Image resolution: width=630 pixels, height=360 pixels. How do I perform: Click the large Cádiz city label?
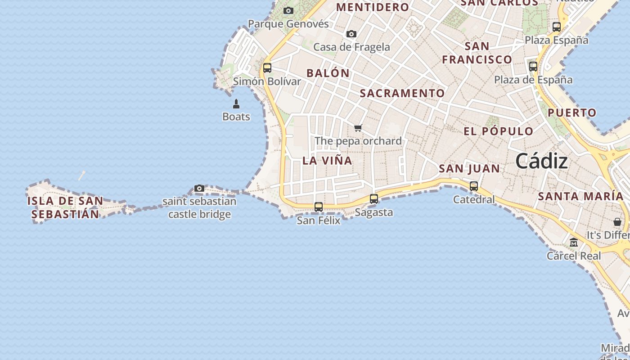tap(541, 161)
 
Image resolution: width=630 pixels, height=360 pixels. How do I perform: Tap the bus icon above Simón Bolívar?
tap(267, 68)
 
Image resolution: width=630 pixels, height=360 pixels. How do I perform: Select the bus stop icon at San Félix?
tap(319, 207)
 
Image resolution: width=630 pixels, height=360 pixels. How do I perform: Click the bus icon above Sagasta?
tap(374, 198)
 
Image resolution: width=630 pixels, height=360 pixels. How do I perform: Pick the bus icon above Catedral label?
tap(474, 186)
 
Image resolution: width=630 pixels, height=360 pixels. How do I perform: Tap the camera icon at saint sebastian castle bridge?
tap(199, 188)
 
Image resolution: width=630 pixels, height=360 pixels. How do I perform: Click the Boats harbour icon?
tap(236, 104)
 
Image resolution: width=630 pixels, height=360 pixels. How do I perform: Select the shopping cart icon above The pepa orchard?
tap(358, 128)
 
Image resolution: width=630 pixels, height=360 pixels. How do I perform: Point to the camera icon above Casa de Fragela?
tap(351, 34)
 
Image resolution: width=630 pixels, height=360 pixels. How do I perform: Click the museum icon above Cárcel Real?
tap(574, 243)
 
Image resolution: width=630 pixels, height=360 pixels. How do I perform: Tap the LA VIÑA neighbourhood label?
tap(327, 161)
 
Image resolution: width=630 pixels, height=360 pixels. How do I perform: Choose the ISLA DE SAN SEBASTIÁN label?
tap(65, 207)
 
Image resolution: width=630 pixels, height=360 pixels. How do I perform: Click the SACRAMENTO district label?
tap(402, 93)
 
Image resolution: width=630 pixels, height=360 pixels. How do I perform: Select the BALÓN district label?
tap(328, 73)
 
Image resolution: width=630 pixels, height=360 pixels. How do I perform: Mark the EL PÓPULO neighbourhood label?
tap(499, 131)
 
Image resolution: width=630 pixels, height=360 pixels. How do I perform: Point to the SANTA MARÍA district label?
tap(580, 196)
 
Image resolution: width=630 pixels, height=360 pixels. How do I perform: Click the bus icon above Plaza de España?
tap(533, 67)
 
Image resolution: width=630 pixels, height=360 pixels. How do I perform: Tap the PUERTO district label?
tap(572, 112)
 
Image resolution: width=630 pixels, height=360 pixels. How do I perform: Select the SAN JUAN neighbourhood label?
tap(469, 169)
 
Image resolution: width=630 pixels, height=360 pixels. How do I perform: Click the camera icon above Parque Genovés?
tap(288, 11)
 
